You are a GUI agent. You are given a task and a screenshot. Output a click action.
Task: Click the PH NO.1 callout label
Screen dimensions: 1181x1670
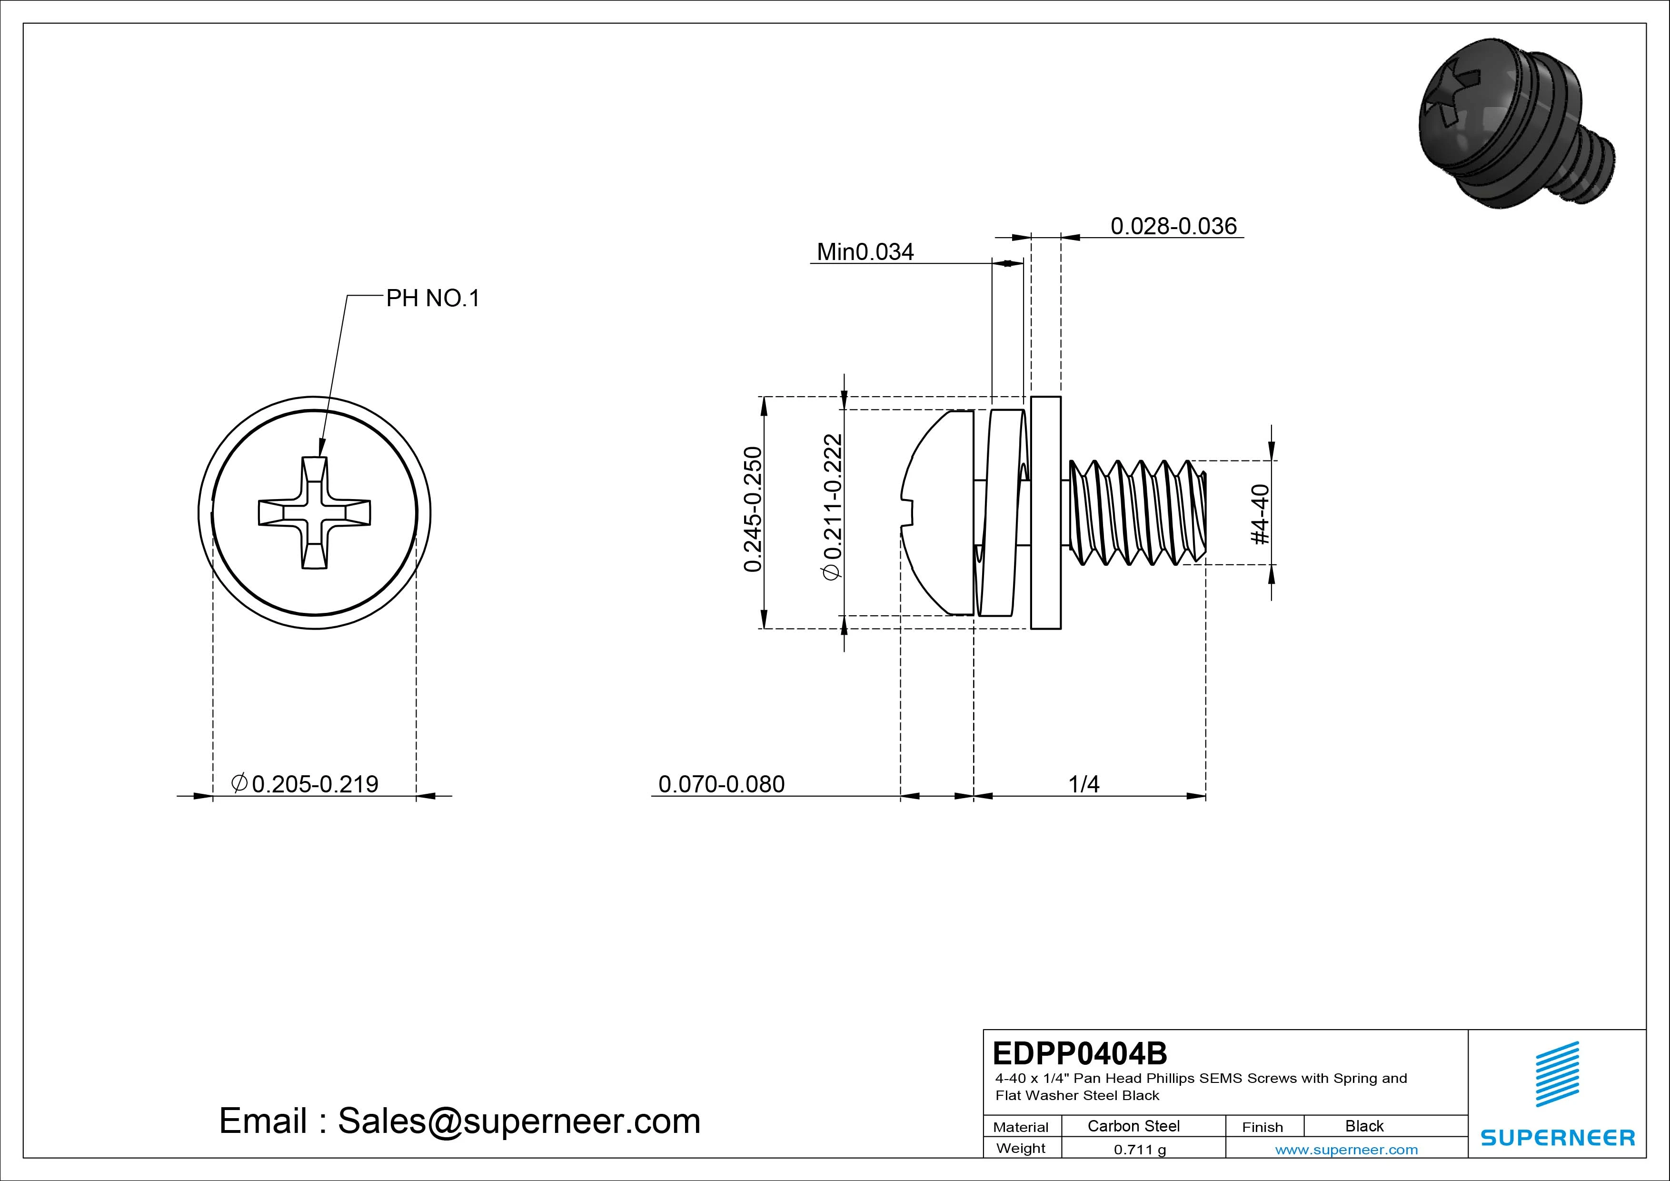(x=432, y=298)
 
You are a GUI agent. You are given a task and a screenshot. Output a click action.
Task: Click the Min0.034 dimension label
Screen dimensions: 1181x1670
(x=865, y=252)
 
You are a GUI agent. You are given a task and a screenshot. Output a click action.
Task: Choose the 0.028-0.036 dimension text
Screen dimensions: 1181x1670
(x=1173, y=226)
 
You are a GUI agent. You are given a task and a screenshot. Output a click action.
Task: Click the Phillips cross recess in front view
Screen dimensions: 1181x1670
(x=314, y=512)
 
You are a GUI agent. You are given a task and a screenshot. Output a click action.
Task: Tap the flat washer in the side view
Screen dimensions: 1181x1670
(x=1046, y=512)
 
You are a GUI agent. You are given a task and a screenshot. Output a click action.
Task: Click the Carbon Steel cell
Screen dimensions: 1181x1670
(x=1133, y=1126)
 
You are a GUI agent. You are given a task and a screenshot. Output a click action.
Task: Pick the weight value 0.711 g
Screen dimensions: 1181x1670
(x=1139, y=1150)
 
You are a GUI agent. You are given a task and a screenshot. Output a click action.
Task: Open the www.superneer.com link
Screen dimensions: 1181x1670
(x=1346, y=1150)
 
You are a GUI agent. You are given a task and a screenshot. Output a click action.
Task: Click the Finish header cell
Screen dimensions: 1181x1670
(x=1262, y=1127)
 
